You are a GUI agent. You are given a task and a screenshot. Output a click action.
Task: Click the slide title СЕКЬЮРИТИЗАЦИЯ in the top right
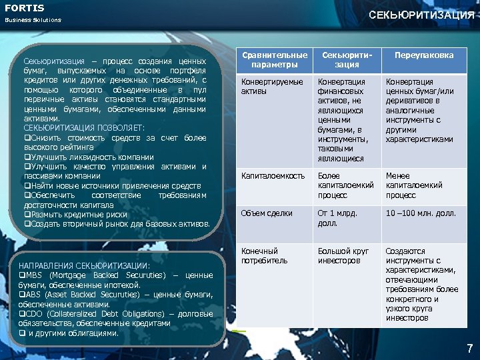421,15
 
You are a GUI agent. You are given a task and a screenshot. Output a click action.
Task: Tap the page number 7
469,348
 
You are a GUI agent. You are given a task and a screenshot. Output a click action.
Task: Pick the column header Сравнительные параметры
275,60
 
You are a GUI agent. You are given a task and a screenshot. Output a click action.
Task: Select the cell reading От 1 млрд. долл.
337,218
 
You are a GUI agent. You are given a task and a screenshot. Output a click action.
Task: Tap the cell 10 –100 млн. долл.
421,213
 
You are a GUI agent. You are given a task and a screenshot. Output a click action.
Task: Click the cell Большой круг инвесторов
343,255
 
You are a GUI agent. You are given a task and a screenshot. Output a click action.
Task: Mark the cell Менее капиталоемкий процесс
414,185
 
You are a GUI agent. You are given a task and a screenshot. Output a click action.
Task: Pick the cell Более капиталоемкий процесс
346,185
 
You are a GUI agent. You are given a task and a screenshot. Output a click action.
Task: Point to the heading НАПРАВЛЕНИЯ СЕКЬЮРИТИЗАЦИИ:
84,265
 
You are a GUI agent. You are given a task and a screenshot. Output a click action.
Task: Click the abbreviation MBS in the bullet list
33,275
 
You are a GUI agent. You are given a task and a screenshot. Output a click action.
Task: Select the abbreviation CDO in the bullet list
34,314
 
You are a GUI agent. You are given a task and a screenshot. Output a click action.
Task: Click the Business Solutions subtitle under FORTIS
33,20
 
